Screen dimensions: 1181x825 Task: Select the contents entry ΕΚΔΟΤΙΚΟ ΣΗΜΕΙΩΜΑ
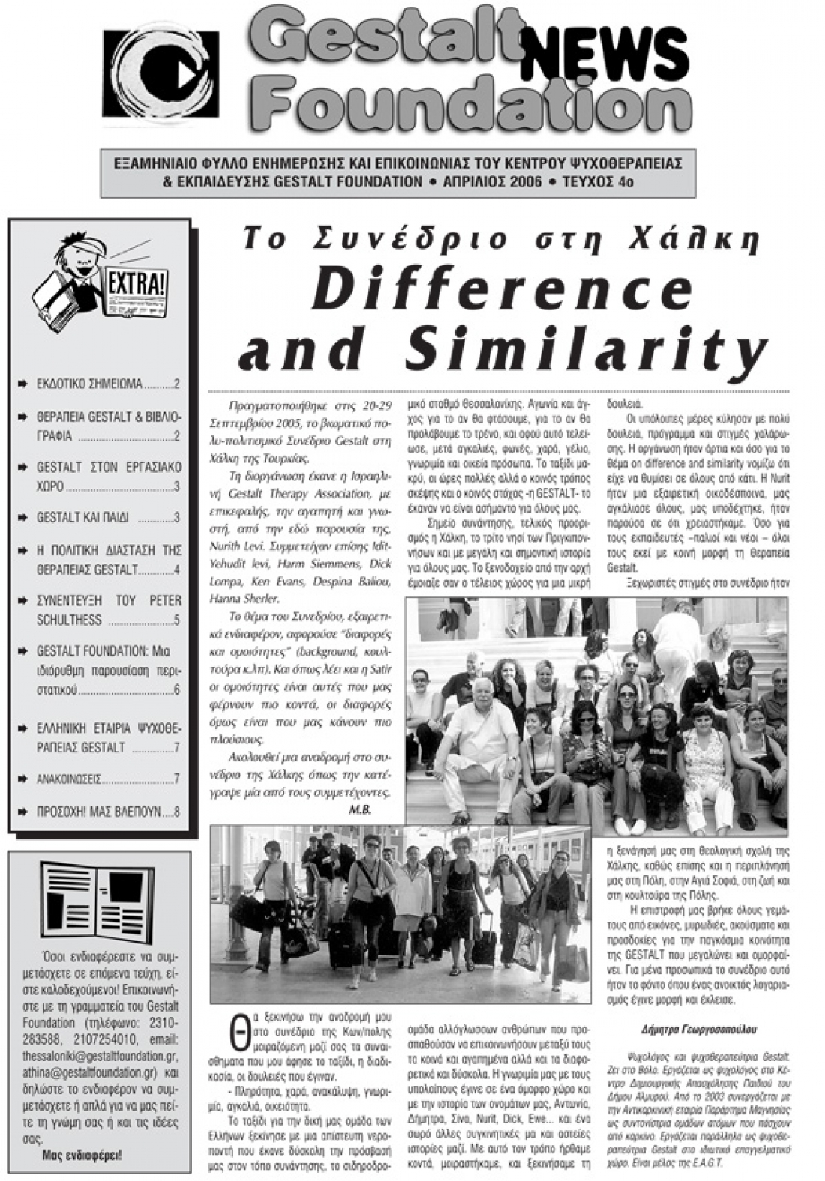[89, 384]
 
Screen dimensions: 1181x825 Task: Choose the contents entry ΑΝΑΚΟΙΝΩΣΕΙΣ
[69, 779]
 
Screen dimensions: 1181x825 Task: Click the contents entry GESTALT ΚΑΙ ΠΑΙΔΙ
[82, 517]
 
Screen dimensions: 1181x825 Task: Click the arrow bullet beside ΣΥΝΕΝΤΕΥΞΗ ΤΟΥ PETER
[23, 601]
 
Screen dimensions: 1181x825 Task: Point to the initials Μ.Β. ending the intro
[360, 811]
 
